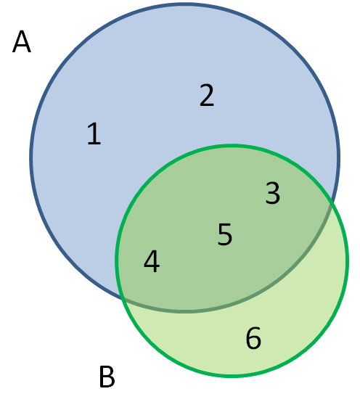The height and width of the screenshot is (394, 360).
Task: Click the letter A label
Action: [22, 41]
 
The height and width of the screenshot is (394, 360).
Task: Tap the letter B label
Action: [107, 377]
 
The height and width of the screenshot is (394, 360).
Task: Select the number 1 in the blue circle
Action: [94, 134]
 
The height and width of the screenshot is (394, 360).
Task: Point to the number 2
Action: [207, 95]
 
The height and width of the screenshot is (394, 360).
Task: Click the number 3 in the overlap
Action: [272, 193]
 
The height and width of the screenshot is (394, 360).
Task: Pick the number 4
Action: [152, 261]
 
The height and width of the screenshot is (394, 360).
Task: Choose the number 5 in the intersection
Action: [224, 234]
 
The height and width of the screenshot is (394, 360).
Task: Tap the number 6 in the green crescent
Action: [253, 337]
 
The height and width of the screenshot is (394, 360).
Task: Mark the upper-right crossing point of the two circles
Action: [332, 202]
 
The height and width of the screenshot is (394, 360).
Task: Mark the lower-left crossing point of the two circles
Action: [123, 299]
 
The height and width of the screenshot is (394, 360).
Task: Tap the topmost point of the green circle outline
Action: [232, 146]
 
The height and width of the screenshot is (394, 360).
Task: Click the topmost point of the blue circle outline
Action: [185, 4]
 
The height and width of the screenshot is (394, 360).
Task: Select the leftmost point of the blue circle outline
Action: [31, 157]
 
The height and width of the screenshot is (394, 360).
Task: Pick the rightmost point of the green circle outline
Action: [347, 260]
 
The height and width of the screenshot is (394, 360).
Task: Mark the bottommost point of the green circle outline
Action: [232, 376]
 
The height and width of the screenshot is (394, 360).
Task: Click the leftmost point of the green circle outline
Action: [117, 260]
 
